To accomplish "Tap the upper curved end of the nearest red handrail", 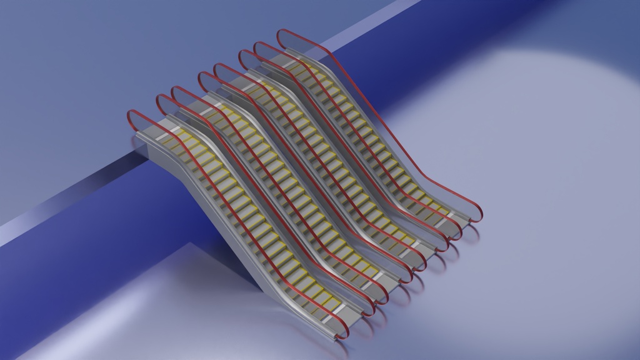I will (131, 116).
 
